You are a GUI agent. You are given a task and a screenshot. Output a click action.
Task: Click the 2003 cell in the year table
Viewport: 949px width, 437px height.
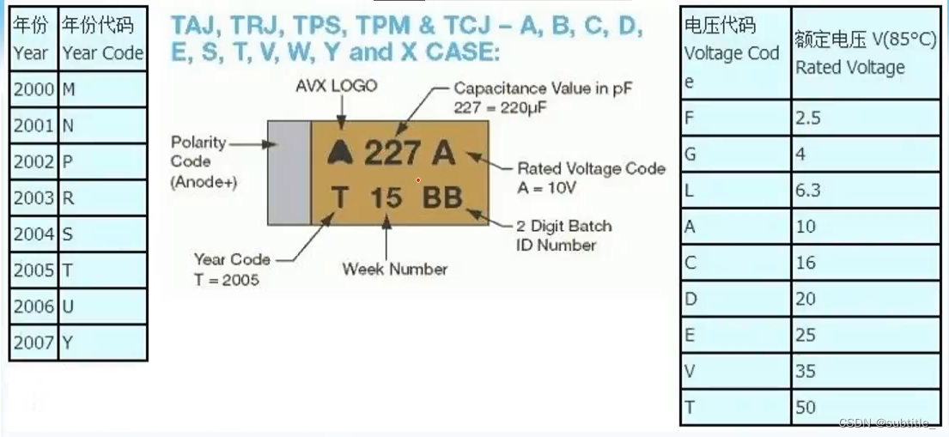click(x=33, y=197)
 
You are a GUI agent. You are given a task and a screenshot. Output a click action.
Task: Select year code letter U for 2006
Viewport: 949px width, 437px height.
click(x=68, y=307)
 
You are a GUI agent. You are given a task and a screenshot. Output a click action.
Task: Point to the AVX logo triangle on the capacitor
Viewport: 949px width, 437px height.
click(x=340, y=153)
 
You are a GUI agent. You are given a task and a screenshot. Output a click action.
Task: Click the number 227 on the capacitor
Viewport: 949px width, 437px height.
click(x=392, y=154)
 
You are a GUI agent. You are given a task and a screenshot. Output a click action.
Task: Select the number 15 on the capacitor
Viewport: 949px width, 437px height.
click(x=386, y=197)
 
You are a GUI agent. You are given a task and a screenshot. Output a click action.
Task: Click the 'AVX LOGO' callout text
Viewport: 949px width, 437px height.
click(x=336, y=86)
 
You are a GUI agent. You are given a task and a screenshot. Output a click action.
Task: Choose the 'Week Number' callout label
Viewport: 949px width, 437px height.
click(x=394, y=269)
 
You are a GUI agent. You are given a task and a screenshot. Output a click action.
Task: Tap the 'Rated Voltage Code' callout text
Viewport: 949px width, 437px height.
click(x=591, y=168)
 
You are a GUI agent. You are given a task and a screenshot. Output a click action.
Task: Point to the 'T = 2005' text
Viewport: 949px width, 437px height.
click(x=226, y=279)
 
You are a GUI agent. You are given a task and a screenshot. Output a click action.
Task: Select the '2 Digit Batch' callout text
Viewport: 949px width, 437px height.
click(x=564, y=227)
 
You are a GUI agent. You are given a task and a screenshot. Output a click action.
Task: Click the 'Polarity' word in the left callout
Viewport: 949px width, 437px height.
click(x=198, y=143)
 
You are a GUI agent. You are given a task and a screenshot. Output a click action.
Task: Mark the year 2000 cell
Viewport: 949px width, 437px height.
click(x=33, y=88)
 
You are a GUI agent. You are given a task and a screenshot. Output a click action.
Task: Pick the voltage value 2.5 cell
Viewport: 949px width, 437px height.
click(x=808, y=118)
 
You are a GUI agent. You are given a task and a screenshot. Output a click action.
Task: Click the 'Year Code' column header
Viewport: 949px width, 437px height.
click(x=102, y=52)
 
